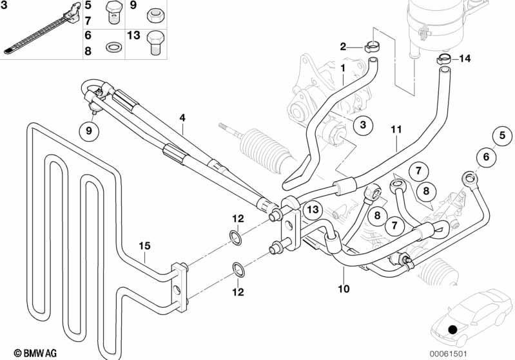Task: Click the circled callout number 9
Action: pyautogui.click(x=90, y=131)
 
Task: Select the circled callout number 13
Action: pyautogui.click(x=313, y=209)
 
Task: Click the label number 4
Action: pyautogui.click(x=182, y=118)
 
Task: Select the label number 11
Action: pyautogui.click(x=396, y=129)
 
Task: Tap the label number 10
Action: pyautogui.click(x=343, y=289)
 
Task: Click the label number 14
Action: pyautogui.click(x=465, y=59)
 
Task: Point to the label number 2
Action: pyautogui.click(x=344, y=46)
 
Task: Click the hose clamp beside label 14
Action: pyautogui.click(x=443, y=60)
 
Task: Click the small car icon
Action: pyautogui.click(x=463, y=317)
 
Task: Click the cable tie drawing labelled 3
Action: pyautogui.click(x=39, y=28)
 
